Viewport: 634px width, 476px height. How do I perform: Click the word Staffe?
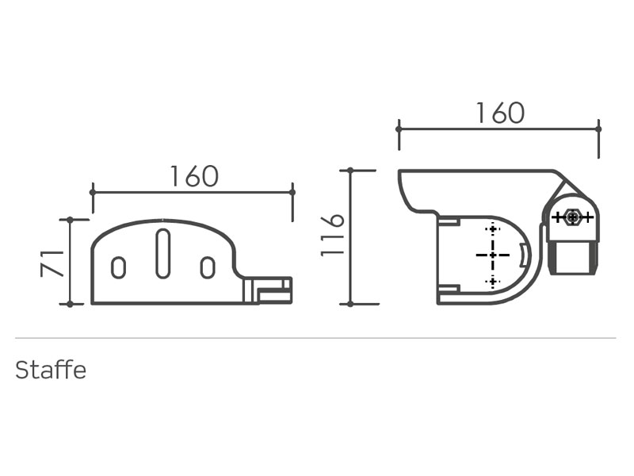51,370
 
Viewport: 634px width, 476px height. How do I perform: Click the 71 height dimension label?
52,263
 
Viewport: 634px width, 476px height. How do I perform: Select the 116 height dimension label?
332,235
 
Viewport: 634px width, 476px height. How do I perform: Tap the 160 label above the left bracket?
194,176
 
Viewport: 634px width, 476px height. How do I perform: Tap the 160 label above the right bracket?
501,113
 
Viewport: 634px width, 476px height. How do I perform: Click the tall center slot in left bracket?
163,254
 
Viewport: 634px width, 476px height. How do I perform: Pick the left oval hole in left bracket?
118,267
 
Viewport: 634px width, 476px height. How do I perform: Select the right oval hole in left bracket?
208,267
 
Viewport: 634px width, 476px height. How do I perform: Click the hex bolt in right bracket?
572,217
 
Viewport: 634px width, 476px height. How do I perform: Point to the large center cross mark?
492,255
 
